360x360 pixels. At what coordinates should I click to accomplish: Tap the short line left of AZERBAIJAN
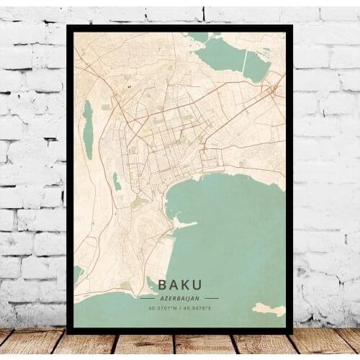click(148, 297)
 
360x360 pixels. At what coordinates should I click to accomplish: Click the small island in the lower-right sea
click(268, 309)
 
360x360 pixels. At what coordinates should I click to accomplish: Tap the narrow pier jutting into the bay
click(186, 225)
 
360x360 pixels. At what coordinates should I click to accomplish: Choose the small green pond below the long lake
click(117, 182)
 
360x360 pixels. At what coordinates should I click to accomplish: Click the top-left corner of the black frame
click(68, 27)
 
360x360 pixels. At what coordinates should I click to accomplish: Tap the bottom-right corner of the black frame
click(291, 333)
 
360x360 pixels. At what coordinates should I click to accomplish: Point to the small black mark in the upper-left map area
click(130, 86)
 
